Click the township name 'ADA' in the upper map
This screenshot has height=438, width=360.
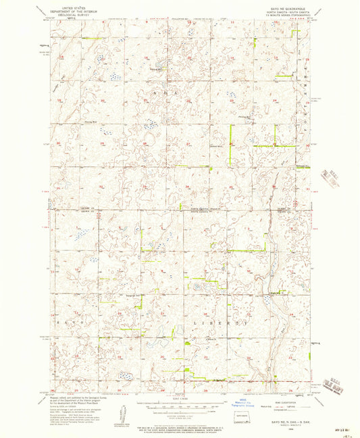pyautogui.click(x=166, y=92)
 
